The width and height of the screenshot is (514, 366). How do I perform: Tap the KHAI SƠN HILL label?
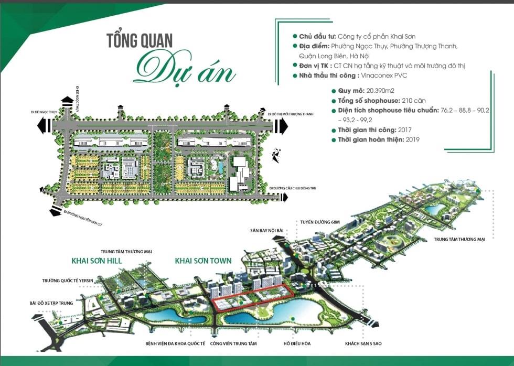coord(96,260)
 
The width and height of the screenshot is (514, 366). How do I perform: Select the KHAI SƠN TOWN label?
coord(202,260)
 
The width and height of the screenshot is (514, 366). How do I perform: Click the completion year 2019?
coord(412,139)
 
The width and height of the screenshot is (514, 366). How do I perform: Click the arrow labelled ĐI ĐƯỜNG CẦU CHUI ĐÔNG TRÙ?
coord(283,197)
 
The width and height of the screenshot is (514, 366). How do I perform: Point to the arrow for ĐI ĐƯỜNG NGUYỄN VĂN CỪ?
coord(54,212)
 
